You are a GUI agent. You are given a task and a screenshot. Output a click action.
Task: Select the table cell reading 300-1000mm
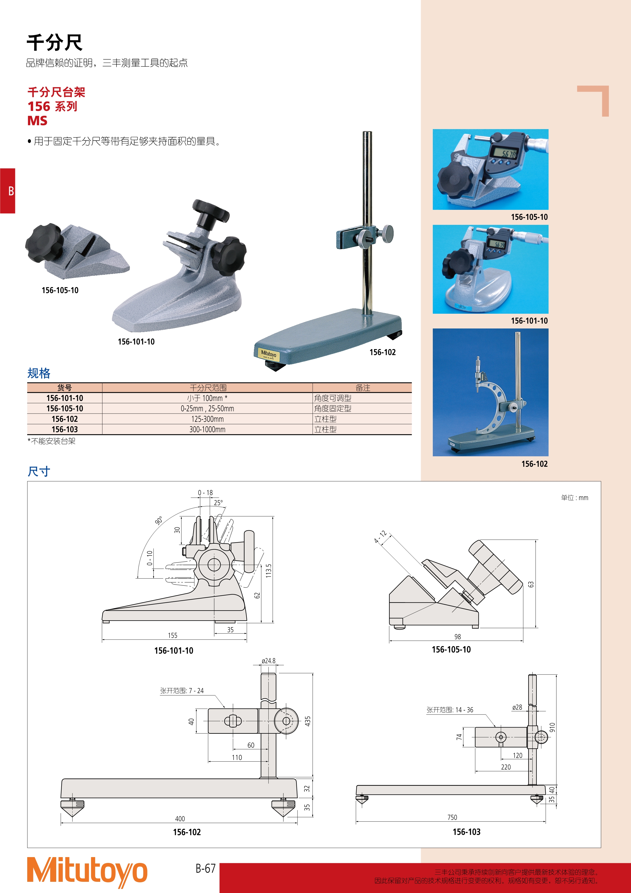207,429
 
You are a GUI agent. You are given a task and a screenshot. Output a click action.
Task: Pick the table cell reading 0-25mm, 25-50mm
207,408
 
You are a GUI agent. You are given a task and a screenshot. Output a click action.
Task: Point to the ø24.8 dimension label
268,661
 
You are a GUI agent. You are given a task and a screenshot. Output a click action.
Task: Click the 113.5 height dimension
268,571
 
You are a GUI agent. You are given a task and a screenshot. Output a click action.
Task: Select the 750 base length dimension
452,817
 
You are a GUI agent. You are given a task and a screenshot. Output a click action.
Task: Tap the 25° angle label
218,502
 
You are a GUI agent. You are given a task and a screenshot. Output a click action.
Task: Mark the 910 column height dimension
552,727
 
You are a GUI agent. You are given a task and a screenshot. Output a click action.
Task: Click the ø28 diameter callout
517,707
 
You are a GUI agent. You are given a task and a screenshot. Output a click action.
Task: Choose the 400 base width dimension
180,819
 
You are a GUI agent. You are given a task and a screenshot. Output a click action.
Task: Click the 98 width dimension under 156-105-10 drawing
458,637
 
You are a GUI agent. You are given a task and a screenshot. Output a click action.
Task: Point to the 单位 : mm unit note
575,498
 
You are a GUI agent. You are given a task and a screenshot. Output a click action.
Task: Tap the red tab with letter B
7,190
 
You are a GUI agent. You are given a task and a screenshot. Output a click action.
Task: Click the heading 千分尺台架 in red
56,92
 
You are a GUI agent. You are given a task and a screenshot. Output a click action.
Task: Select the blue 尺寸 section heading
39,471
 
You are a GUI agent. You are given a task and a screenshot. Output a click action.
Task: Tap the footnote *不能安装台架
51,441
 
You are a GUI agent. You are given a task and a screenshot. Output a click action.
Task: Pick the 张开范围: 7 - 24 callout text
182,691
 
